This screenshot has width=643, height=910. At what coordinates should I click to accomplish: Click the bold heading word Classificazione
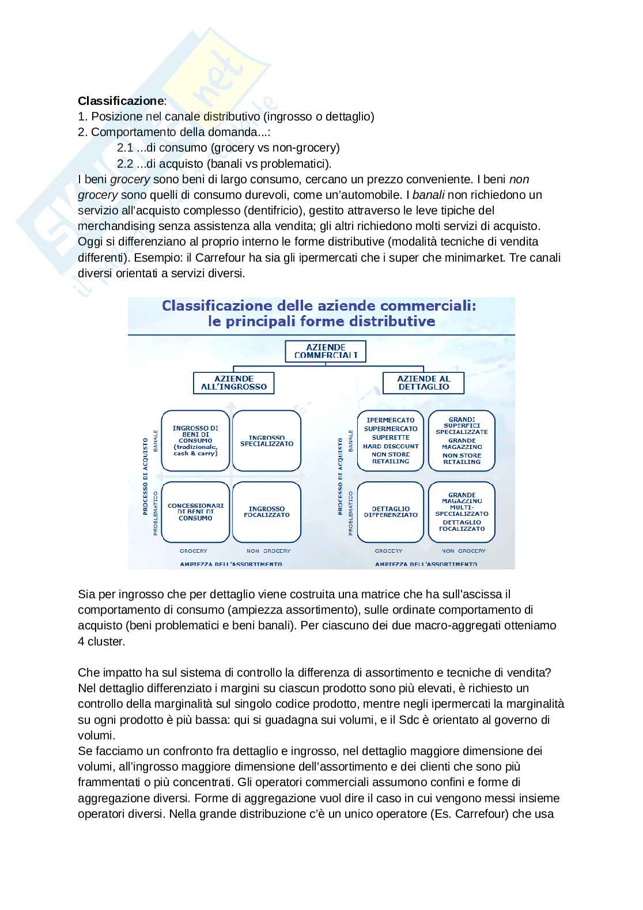coord(121,101)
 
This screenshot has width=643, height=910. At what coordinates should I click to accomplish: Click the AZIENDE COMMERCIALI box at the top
coord(326,351)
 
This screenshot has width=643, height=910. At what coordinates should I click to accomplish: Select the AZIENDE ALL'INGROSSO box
coord(233,383)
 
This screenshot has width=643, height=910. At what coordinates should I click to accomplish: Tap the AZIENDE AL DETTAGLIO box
coord(423,383)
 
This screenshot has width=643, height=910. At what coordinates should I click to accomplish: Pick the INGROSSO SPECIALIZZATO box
coord(266,441)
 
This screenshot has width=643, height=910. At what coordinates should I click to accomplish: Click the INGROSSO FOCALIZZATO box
coord(266,512)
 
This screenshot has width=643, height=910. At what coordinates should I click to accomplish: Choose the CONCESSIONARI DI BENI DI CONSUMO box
coord(195,512)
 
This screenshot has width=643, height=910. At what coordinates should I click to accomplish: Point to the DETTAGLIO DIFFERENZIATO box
coord(391,512)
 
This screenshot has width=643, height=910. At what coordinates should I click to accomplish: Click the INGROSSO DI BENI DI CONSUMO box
coord(195,441)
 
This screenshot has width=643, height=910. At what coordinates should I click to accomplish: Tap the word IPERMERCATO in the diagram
coord(391,420)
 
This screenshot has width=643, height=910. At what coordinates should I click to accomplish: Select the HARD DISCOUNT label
coord(391,446)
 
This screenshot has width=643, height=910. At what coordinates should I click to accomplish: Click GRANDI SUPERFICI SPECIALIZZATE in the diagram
coord(462,425)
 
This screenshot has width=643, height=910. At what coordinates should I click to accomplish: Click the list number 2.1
coord(125,148)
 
